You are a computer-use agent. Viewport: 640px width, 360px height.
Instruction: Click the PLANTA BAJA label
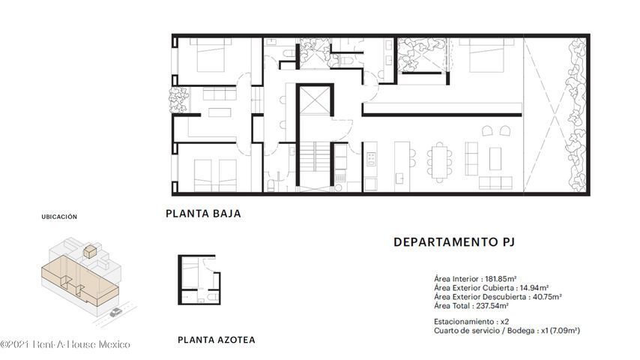[x=203, y=213]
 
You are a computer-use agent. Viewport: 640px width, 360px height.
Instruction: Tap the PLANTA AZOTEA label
[x=217, y=340]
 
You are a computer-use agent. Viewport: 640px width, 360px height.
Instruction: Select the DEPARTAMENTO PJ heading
[x=454, y=242]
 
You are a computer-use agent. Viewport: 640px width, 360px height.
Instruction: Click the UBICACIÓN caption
[x=59, y=217]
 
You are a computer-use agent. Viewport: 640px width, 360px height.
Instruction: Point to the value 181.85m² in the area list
[x=501, y=279]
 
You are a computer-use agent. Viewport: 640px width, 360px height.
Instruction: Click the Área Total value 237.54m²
[x=492, y=306]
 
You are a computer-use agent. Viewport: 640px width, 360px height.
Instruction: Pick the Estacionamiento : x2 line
[x=471, y=322]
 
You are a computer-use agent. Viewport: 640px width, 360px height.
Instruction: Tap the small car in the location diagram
[x=115, y=313]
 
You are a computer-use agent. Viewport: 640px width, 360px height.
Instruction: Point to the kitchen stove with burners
[x=371, y=159]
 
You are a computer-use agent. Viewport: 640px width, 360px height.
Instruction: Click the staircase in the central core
[x=316, y=157]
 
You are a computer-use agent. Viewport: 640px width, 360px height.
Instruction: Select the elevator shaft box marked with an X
[x=315, y=100]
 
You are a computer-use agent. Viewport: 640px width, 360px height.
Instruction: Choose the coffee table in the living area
[x=495, y=158]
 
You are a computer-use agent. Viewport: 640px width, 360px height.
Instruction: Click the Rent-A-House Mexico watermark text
[x=65, y=344]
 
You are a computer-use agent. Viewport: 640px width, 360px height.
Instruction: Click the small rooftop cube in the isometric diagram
[x=90, y=250]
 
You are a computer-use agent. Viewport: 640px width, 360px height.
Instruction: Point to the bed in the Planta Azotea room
[x=190, y=272]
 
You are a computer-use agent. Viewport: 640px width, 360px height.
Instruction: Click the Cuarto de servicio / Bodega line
[x=507, y=331]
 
